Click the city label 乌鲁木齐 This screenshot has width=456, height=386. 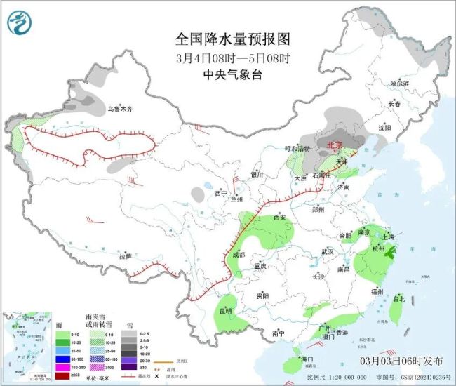tap(119, 109)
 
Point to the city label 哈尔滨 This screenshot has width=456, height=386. tap(398, 83)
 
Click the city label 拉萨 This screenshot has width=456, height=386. tap(125, 257)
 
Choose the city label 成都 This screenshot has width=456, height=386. tap(237, 255)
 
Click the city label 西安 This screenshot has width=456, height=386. tap(279, 218)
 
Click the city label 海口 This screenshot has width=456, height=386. tap(306, 359)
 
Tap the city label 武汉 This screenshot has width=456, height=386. tap(326, 251)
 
